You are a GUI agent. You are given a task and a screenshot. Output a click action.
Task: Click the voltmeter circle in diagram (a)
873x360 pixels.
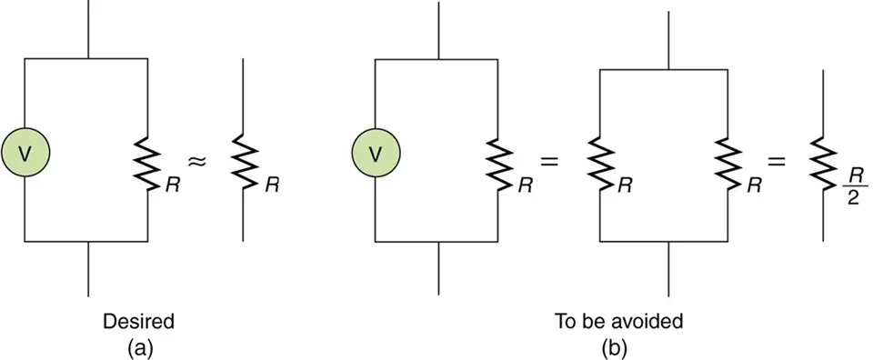pyautogui.click(x=25, y=155)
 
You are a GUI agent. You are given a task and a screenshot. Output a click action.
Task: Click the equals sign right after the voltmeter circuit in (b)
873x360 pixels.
pyautogui.click(x=548, y=161)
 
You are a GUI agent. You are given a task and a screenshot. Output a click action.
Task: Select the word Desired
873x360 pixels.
pyautogui.click(x=138, y=321)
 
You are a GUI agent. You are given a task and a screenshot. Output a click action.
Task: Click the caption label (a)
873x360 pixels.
pyautogui.click(x=138, y=345)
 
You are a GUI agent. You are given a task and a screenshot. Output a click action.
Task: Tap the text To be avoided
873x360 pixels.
pyautogui.click(x=618, y=321)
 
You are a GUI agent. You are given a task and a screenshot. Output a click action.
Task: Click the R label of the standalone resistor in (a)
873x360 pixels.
pyautogui.click(x=270, y=183)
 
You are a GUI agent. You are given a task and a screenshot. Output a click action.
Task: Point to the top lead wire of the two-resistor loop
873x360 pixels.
pyautogui.click(x=669, y=41)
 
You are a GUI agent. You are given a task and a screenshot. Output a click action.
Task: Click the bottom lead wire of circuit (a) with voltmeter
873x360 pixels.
pyautogui.click(x=88, y=268)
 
